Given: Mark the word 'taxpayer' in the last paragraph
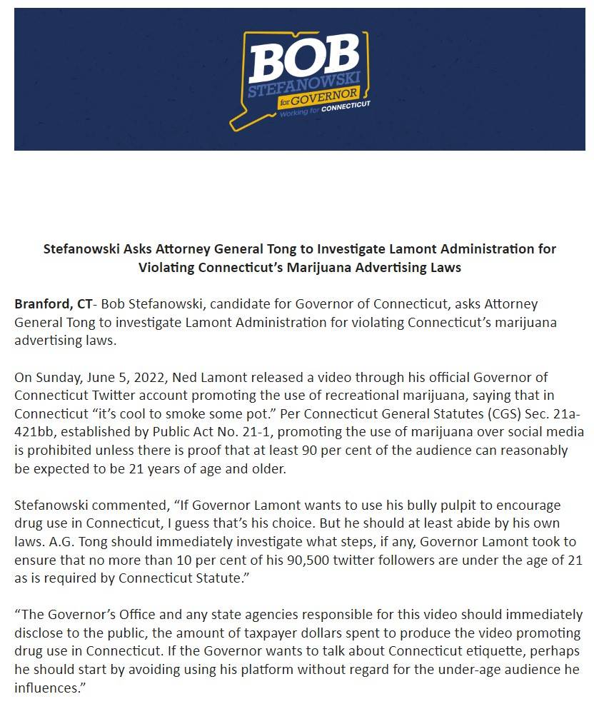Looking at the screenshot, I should [283, 634].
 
